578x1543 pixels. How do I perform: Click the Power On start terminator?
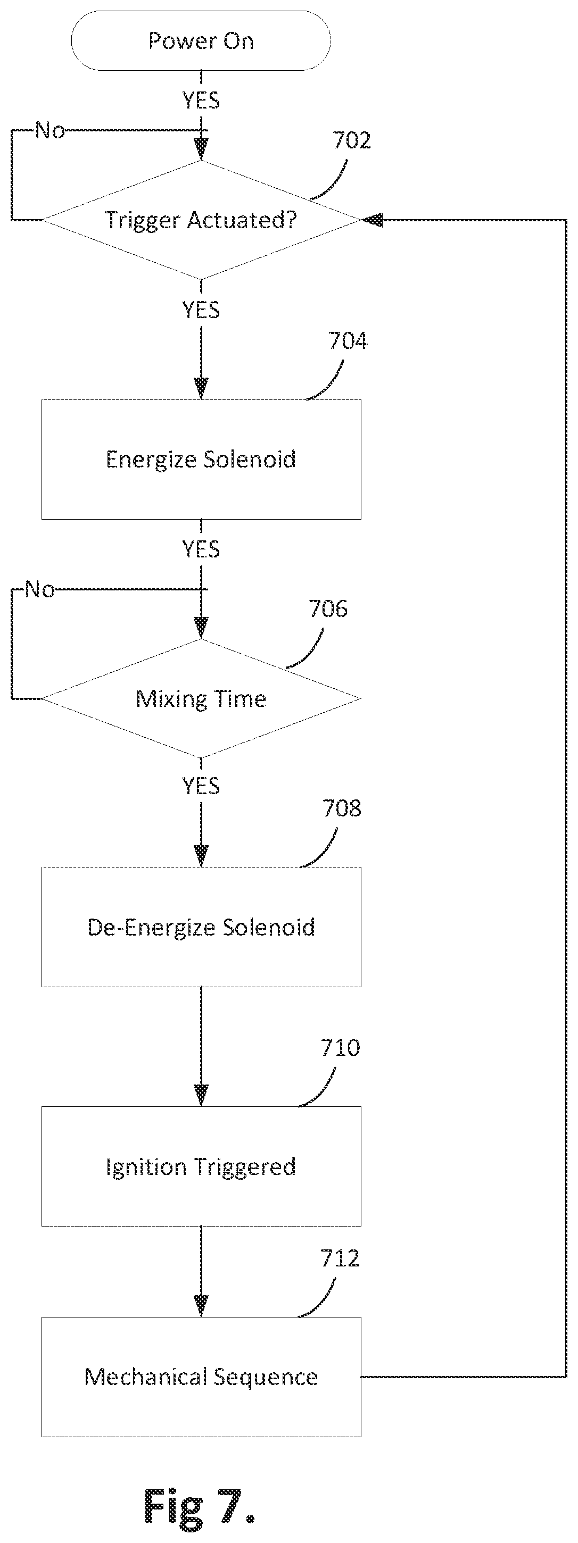(201, 41)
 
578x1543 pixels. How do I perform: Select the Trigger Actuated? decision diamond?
(201, 220)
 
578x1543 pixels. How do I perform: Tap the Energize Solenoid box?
(201, 460)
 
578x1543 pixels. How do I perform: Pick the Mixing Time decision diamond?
(201, 698)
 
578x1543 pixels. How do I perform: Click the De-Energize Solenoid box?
(201, 927)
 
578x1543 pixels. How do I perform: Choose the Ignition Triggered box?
(201, 1166)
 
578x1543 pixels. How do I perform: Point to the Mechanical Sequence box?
(201, 1377)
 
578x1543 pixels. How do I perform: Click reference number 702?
(352, 140)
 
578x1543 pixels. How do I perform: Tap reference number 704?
(348, 341)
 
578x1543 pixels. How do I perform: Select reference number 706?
(328, 608)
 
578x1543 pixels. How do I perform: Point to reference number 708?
(342, 808)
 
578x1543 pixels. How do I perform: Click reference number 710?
(340, 1048)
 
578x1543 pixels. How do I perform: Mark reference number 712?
(340, 1258)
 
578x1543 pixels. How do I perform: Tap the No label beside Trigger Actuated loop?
(51, 130)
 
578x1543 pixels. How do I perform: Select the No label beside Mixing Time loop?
(40, 589)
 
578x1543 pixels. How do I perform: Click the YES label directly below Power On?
(201, 100)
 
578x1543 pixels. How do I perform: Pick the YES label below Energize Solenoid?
(201, 549)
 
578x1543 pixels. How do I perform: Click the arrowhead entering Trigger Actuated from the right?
(371, 220)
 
